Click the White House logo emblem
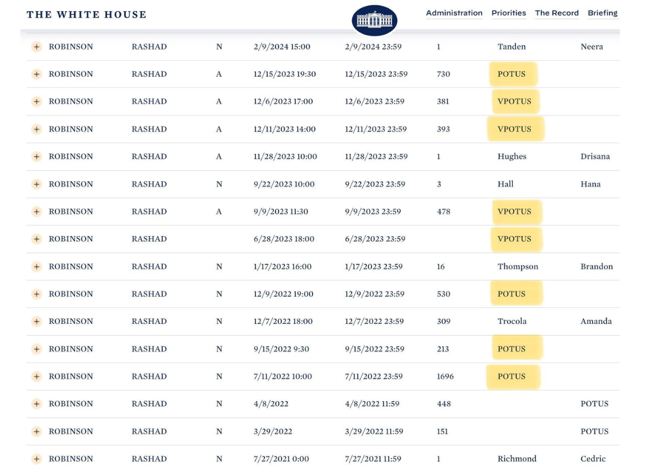(x=374, y=20)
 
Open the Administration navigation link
(x=454, y=13)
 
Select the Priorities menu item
(x=509, y=13)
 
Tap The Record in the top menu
(x=557, y=13)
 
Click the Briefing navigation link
(x=602, y=13)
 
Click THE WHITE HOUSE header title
(x=87, y=15)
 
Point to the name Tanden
(x=512, y=47)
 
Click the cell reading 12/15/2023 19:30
(x=285, y=74)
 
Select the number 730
(x=443, y=74)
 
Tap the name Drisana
(x=595, y=156)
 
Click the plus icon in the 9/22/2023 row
(x=37, y=184)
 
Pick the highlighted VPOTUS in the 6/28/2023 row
(x=515, y=239)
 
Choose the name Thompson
(x=518, y=267)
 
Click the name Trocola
(x=512, y=322)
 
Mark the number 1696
(x=445, y=376)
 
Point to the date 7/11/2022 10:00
(x=282, y=376)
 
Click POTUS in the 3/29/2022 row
(x=594, y=431)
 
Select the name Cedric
(x=593, y=459)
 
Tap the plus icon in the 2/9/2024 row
(x=37, y=47)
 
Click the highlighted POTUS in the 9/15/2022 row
(x=512, y=349)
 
